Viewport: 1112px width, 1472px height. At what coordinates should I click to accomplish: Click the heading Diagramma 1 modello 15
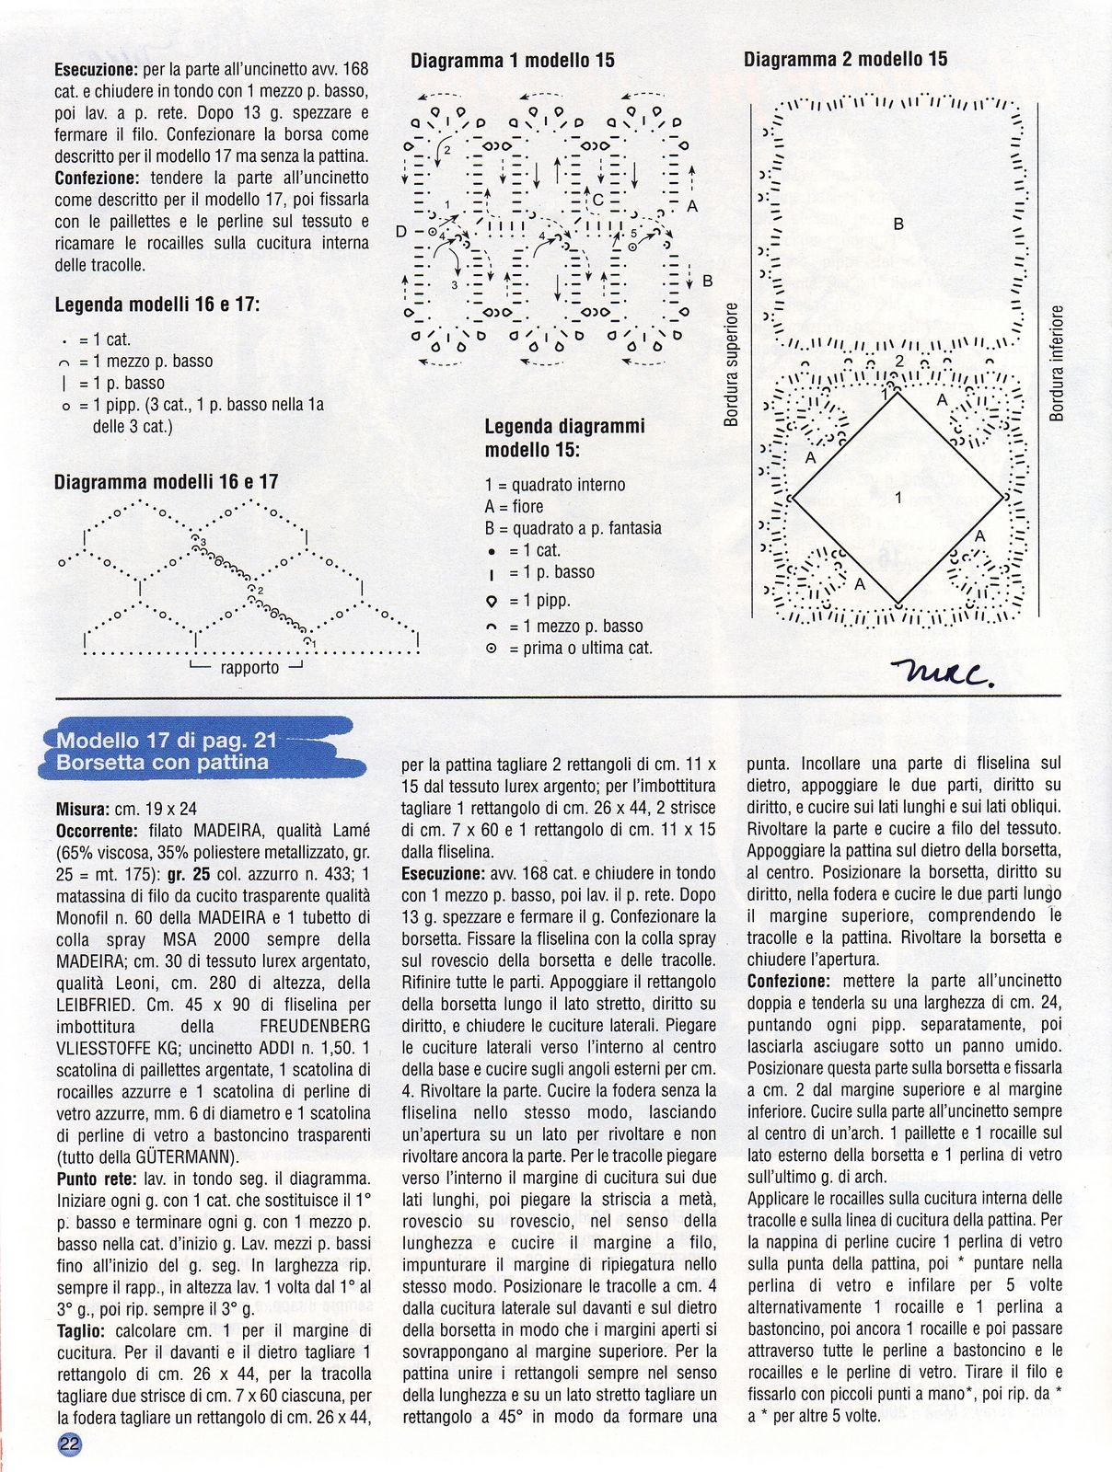(x=512, y=61)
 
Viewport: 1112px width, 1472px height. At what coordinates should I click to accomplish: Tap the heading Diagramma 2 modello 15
(x=845, y=59)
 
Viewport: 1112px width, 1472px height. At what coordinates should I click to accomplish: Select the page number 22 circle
(x=70, y=1443)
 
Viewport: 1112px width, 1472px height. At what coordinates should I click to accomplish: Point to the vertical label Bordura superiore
(x=732, y=365)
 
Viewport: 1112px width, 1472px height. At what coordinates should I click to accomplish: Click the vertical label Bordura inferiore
(x=1057, y=363)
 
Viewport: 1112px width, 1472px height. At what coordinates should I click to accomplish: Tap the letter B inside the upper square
(x=898, y=224)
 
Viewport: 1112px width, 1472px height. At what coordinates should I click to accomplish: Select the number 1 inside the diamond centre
(x=898, y=499)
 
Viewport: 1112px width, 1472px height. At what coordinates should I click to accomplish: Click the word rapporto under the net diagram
(x=249, y=668)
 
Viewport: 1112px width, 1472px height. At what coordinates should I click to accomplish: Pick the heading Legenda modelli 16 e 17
(x=157, y=305)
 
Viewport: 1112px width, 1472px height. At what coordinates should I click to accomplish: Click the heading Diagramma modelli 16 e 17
(x=166, y=482)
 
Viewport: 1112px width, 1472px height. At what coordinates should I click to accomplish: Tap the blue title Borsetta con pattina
(x=162, y=763)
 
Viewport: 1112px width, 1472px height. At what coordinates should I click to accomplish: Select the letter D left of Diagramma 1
(x=401, y=232)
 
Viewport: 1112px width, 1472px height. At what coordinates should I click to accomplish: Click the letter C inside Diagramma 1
(x=597, y=200)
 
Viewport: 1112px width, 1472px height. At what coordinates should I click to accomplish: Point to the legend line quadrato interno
(x=555, y=485)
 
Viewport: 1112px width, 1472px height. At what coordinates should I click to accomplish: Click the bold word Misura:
(x=84, y=810)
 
